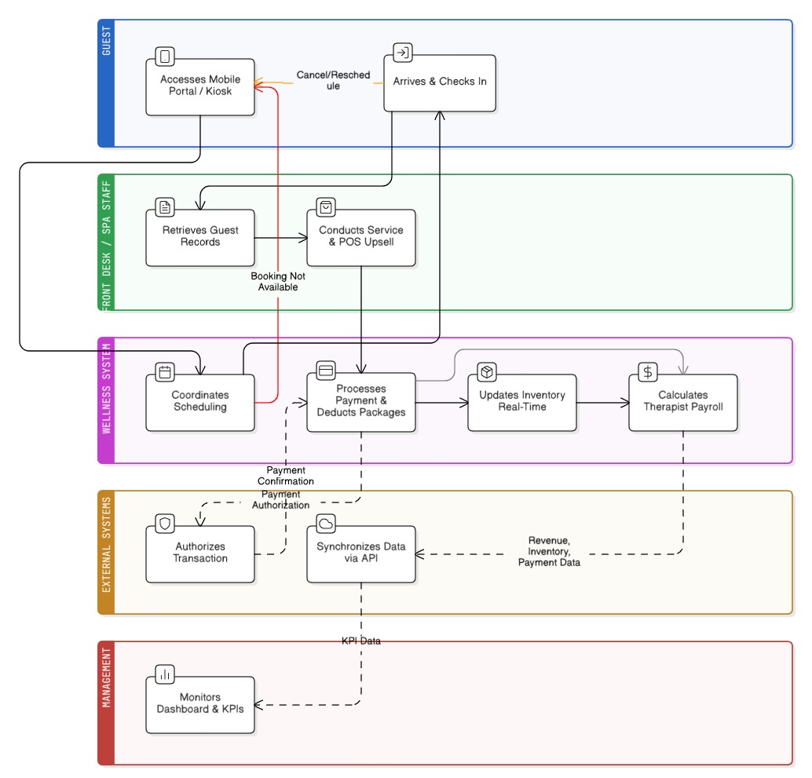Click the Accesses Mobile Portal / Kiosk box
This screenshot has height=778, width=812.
pyautogui.click(x=200, y=86)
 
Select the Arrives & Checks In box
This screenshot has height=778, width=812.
pyautogui.click(x=440, y=82)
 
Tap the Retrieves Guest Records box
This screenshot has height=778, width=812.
pyautogui.click(x=200, y=237)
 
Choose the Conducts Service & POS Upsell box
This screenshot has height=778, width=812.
pyautogui.click(x=360, y=237)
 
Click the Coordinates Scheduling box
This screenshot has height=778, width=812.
pyautogui.click(x=200, y=402)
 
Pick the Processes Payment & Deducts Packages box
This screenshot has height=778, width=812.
pyautogui.click(x=360, y=402)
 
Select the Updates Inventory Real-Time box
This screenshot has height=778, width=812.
pyautogui.click(x=521, y=402)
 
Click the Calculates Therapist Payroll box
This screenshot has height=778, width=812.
pyautogui.click(x=682, y=402)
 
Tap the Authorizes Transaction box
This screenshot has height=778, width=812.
pyautogui.click(x=200, y=553)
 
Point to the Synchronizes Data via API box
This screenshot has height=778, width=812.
pyautogui.click(x=360, y=553)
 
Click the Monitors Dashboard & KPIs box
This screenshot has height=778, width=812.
pyautogui.click(x=200, y=704)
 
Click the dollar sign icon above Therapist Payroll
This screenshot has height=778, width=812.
pyautogui.click(x=647, y=372)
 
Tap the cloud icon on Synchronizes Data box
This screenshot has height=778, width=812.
pyautogui.click(x=326, y=524)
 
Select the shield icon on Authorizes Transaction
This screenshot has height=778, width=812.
pyautogui.click(x=165, y=524)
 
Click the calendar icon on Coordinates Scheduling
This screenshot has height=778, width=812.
pyautogui.click(x=165, y=372)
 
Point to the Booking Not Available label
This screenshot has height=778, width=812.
pyautogui.click(x=278, y=282)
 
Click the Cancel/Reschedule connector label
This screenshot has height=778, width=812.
pyautogui.click(x=333, y=81)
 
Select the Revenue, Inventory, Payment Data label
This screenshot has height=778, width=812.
pyautogui.click(x=549, y=552)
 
